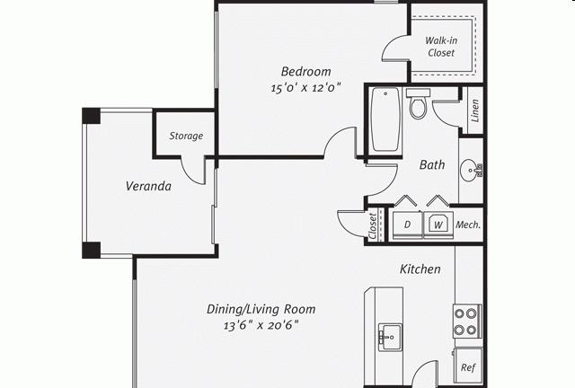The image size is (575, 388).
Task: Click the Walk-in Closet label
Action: point(441,47)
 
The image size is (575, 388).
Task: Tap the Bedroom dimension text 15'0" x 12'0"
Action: point(305,88)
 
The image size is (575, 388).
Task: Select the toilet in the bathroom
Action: point(418,103)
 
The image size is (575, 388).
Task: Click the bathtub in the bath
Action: point(385,119)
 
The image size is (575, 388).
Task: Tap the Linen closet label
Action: point(475,110)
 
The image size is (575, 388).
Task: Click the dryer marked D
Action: point(407,225)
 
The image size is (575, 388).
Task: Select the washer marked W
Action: point(438,225)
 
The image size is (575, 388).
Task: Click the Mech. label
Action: point(468,225)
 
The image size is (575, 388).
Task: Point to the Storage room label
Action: point(186,136)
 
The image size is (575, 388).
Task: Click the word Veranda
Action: point(148,186)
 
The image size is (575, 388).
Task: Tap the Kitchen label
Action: point(420,269)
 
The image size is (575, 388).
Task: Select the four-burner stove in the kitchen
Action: point(467,322)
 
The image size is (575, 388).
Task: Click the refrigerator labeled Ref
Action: point(468,367)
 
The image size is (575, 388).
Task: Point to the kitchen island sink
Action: point(390,335)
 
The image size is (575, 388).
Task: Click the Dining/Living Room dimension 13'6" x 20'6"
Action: point(261,326)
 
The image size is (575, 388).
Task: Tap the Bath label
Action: point(432,164)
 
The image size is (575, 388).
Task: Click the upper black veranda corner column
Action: point(91,116)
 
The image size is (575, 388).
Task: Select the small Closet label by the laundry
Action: point(373,226)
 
